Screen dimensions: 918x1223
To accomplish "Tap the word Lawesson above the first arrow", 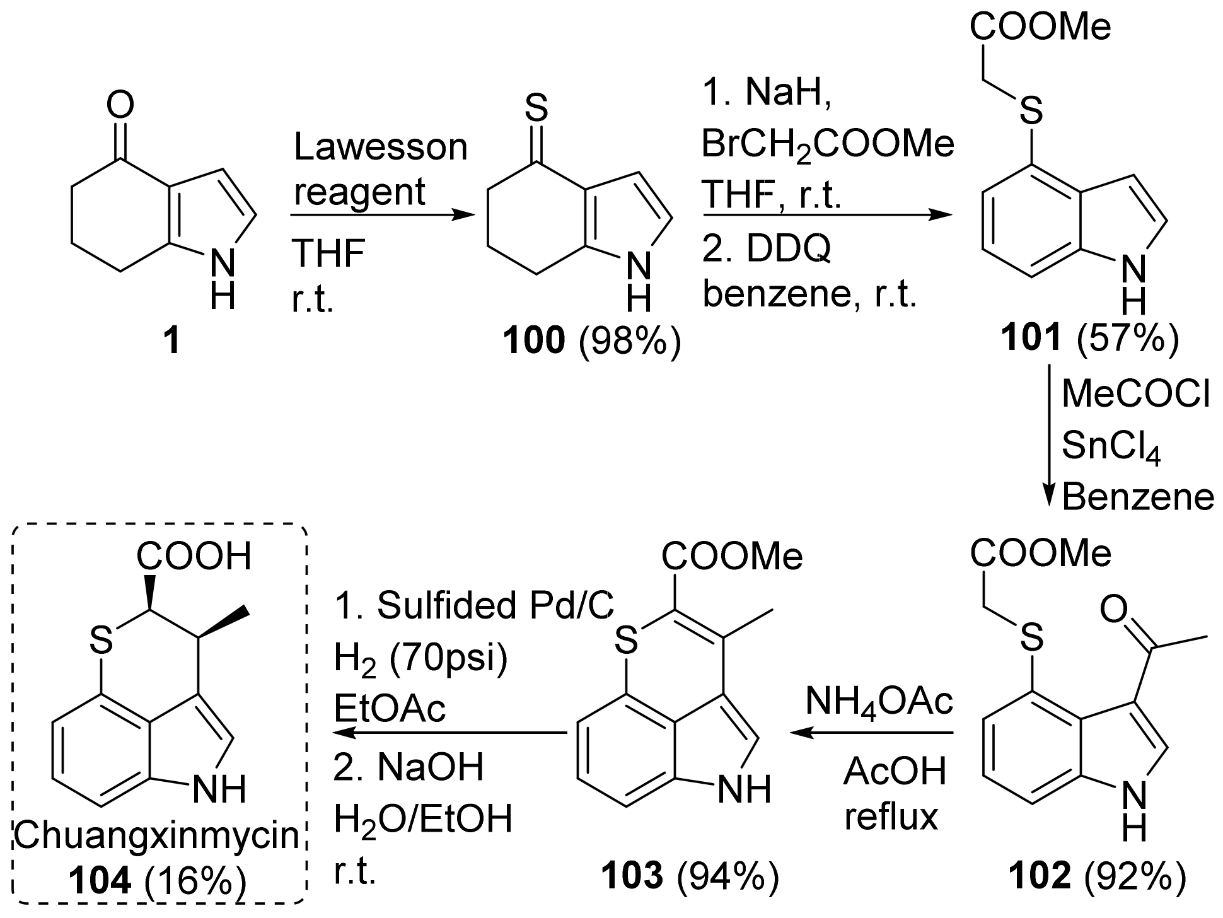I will tap(381, 148).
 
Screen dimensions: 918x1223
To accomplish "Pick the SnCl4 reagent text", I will tap(1111, 448).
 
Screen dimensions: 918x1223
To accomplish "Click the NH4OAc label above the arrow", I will tap(879, 701).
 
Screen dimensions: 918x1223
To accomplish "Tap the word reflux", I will tap(891, 817).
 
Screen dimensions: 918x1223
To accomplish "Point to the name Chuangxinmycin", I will tap(156, 836).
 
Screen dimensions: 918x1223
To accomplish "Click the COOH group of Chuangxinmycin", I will tap(194, 556).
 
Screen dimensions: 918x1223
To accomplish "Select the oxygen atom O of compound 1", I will tap(120, 104).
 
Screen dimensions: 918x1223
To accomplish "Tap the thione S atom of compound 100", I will tap(536, 108).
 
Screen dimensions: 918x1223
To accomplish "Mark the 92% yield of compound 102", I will tap(1134, 876).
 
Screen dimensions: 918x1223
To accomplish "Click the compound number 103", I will tap(632, 876).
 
